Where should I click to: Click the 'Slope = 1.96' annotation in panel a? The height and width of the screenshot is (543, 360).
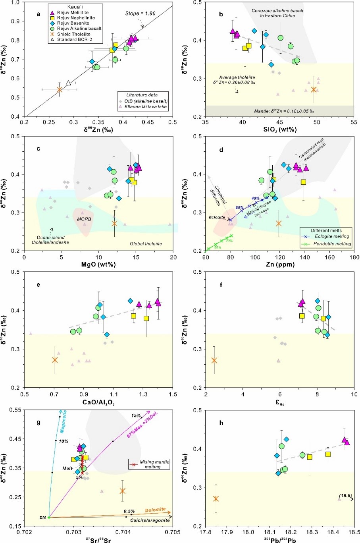pyautogui.click(x=141, y=14)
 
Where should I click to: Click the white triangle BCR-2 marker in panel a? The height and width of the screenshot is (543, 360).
pyautogui.click(x=68, y=83)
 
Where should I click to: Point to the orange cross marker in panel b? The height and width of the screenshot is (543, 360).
pyautogui.click(x=314, y=90)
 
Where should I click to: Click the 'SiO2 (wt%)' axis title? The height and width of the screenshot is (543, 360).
pyautogui.click(x=279, y=130)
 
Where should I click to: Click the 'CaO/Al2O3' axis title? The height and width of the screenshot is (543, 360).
pyautogui.click(x=98, y=402)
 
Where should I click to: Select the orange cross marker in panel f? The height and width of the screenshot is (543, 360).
pyautogui.click(x=214, y=360)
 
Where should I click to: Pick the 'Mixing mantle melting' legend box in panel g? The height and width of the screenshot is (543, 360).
pyautogui.click(x=149, y=464)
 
